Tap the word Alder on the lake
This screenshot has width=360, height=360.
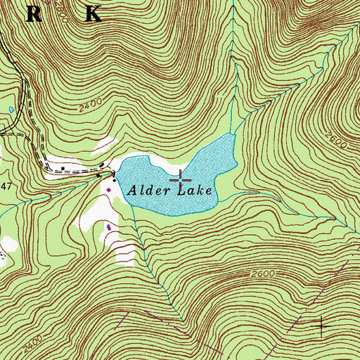point(148,189)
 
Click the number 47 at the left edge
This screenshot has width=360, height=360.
point(6,184)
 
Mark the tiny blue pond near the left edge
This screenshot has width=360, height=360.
point(11,110)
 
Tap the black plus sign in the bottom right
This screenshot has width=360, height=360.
point(322,325)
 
